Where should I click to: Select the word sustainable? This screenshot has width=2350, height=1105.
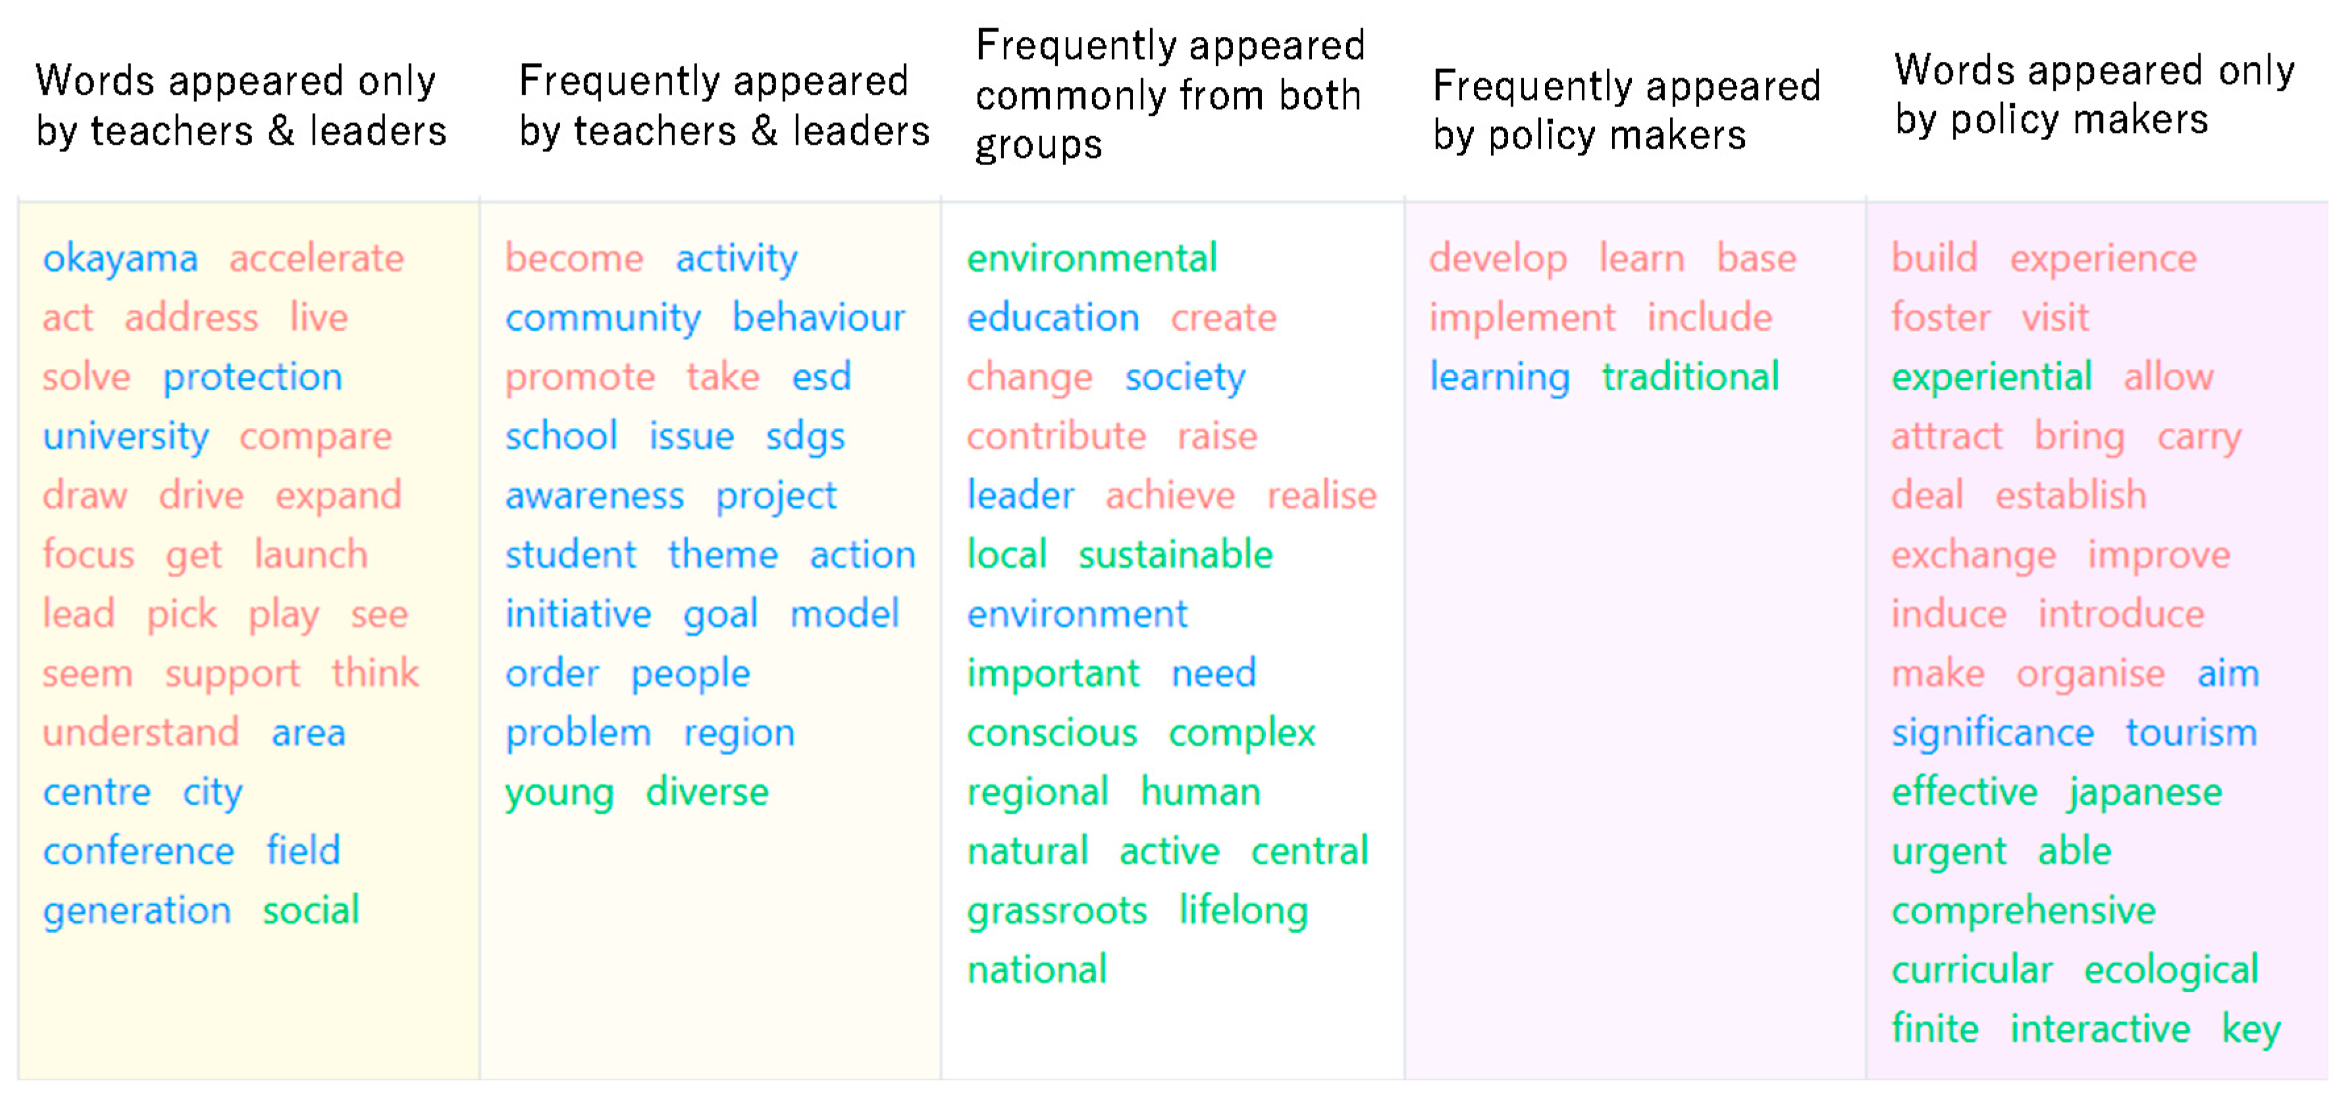click(x=1175, y=555)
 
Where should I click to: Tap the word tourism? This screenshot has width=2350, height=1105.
click(x=2191, y=733)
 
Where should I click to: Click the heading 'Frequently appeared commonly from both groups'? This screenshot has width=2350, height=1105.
click(x=1170, y=95)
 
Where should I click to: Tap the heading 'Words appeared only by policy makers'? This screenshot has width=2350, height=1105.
click(x=2094, y=94)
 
